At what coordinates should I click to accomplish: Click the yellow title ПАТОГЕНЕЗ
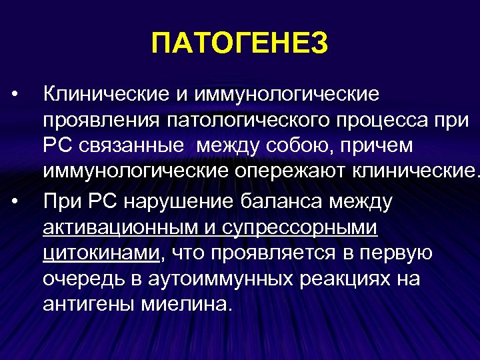click(240, 45)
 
